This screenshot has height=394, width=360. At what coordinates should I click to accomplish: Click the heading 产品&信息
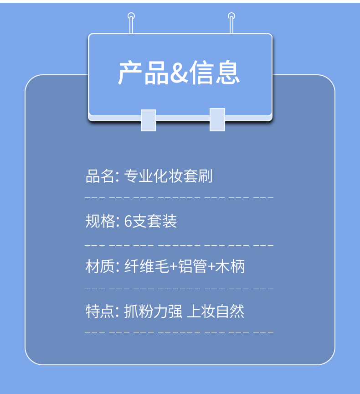(x=179, y=73)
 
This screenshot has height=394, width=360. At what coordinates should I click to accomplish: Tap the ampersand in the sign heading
(x=179, y=74)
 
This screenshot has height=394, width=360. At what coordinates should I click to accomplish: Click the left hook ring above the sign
(x=131, y=16)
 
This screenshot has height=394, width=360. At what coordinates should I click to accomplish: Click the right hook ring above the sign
(x=231, y=16)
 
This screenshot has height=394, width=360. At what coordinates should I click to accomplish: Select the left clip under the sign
(x=148, y=120)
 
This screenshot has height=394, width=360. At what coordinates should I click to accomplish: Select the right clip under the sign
(x=217, y=119)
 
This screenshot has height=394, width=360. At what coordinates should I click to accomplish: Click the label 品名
(x=100, y=176)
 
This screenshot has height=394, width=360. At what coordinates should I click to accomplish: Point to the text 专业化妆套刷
(x=169, y=176)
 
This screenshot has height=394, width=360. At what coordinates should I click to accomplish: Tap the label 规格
(x=100, y=221)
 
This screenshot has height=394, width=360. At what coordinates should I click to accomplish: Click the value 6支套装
(x=150, y=221)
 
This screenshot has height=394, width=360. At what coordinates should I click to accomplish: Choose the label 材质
(x=100, y=266)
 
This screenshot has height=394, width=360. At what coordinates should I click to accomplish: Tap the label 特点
(x=100, y=311)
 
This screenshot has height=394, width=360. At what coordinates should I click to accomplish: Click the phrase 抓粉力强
(x=153, y=311)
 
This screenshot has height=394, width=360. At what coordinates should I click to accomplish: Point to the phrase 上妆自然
(x=216, y=311)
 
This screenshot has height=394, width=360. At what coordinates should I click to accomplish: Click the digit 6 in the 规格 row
(x=128, y=222)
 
